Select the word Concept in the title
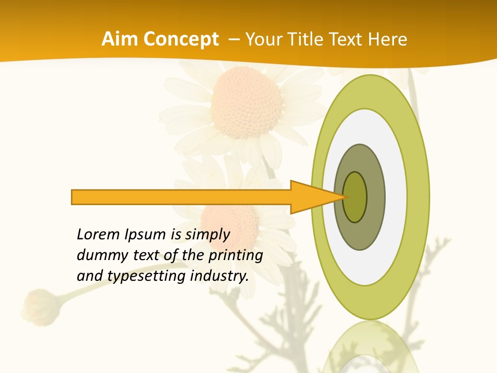[181, 39]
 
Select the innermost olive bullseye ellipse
[355, 197]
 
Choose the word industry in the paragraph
[220, 276]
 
